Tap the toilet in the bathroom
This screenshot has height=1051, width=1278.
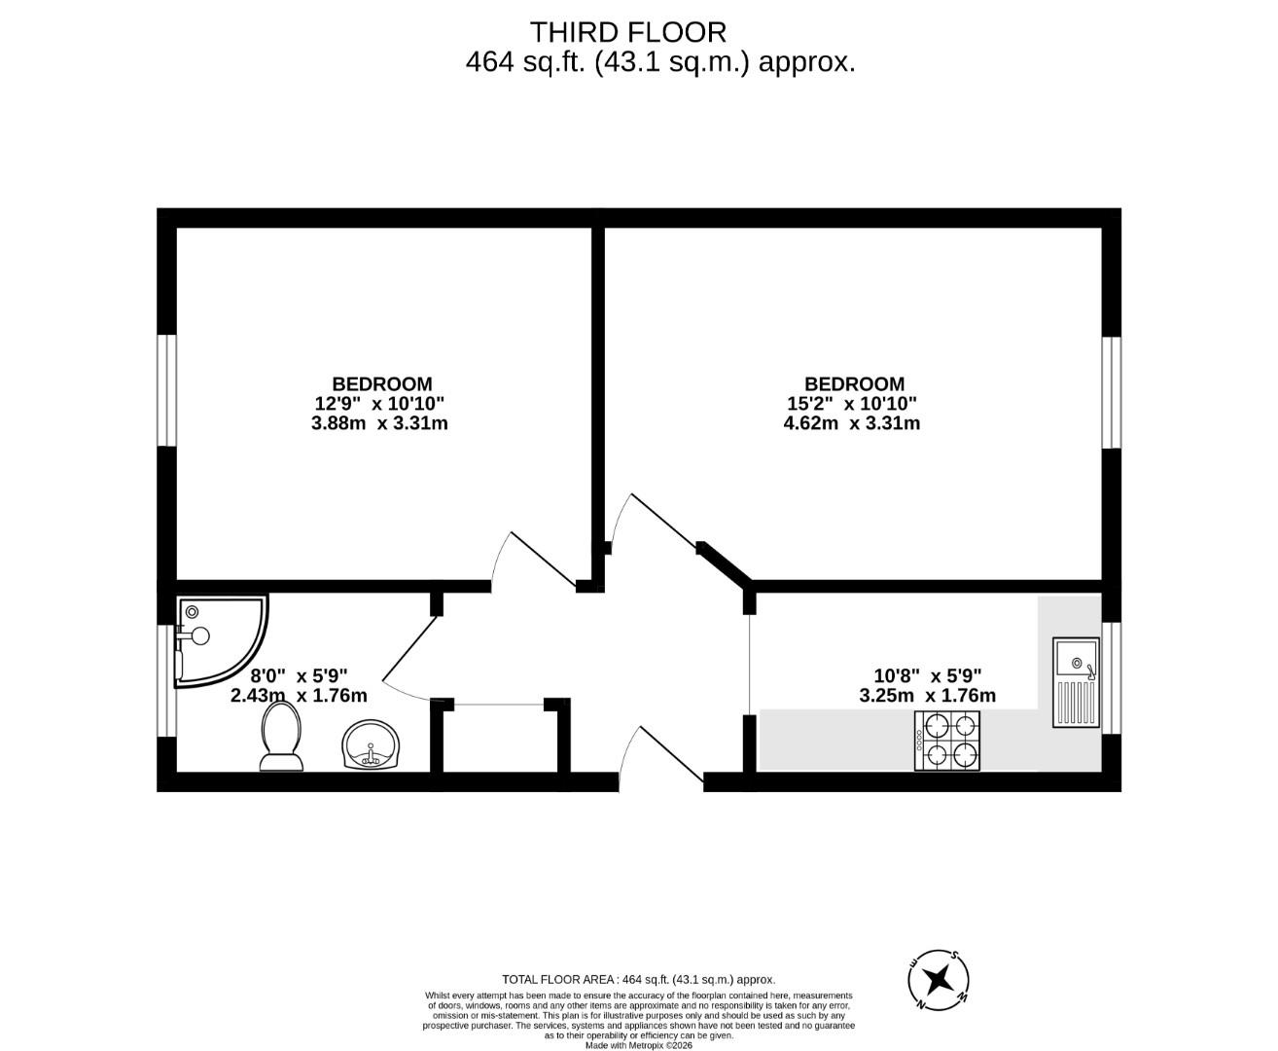coord(282,737)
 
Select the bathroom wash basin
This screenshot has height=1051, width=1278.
coord(371,745)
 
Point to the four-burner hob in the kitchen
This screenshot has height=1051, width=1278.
coord(946,741)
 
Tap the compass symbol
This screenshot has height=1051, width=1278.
coord(939,978)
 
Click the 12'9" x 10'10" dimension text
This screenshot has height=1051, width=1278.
coord(381,404)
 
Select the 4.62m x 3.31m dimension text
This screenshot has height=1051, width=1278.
coord(852,423)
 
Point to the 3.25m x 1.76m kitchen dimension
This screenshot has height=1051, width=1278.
coord(928,696)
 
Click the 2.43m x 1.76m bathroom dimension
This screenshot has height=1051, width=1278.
coord(299,696)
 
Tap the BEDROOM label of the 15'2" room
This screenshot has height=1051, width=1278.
coord(854,384)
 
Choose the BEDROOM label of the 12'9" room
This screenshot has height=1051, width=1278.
coord(382,384)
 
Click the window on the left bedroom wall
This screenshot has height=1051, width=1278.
coord(166,390)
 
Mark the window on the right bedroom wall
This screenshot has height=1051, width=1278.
coord(1112,392)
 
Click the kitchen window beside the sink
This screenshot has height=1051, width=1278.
coord(1112,677)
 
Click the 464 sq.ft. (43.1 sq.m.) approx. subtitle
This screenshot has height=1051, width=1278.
coord(660,63)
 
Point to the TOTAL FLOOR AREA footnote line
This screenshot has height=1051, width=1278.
coord(638,980)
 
